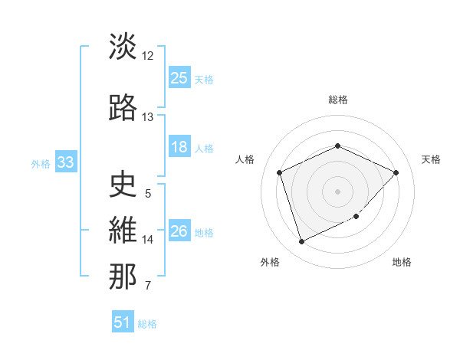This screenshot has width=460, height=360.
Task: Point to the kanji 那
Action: click(x=123, y=276)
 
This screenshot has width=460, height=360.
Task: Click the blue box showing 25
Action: click(x=179, y=78)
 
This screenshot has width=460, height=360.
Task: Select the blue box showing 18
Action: click(x=179, y=148)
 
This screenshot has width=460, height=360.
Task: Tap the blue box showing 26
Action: click(x=179, y=231)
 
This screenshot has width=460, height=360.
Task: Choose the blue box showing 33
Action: click(x=65, y=162)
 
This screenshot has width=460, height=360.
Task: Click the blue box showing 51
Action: click(x=123, y=322)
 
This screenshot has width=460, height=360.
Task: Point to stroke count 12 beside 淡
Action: click(x=148, y=56)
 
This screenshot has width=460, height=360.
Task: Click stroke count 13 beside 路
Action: click(x=148, y=117)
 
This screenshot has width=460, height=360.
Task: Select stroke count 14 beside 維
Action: click(x=148, y=240)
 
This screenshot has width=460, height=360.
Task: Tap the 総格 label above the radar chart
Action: click(x=338, y=100)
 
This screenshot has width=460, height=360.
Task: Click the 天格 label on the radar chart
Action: click(x=431, y=159)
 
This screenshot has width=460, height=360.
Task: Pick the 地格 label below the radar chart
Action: click(x=402, y=262)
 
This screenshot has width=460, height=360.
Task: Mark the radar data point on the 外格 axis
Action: click(x=301, y=242)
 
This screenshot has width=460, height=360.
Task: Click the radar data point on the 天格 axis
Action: click(x=396, y=172)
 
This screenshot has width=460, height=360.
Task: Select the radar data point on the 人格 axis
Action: click(x=280, y=172)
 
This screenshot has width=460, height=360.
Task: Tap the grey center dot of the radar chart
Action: click(x=338, y=191)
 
